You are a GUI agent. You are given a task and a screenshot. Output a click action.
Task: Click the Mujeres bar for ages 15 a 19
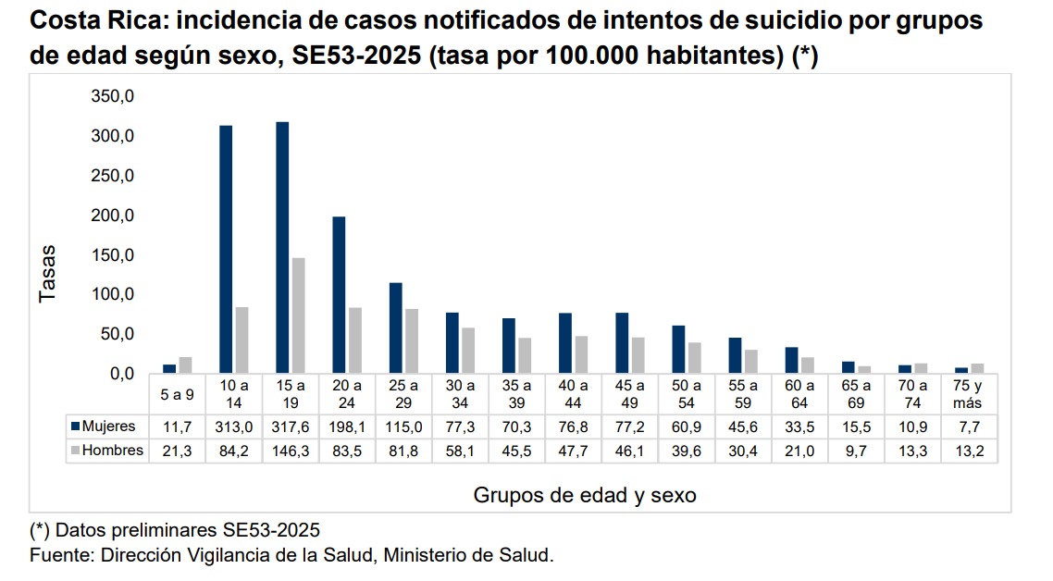coord(282,248)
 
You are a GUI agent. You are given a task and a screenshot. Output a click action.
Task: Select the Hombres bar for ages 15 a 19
coord(298,315)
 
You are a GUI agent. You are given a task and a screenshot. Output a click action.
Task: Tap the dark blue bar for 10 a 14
coord(226,250)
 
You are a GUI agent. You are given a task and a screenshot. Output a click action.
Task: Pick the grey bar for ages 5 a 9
coord(185,365)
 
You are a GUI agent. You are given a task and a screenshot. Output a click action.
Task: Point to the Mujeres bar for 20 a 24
coord(339,295)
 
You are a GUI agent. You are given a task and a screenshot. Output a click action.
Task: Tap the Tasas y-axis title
coord(47,274)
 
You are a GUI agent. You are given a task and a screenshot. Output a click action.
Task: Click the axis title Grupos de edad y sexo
coord(585,495)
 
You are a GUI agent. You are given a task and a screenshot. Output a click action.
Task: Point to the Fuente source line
coord(291,555)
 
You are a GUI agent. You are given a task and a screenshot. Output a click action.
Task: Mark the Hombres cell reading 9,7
coord(857,451)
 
